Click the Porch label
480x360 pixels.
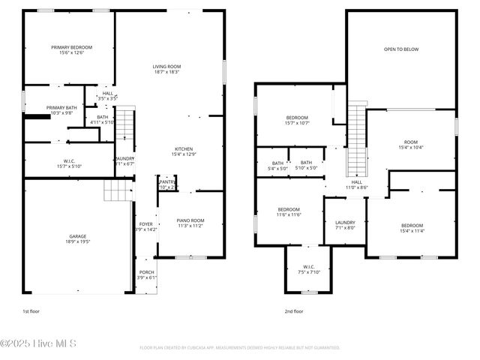pyautogui.click(x=146, y=274)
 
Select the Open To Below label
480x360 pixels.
pyautogui.click(x=400, y=49)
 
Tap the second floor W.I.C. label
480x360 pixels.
pyautogui.click(x=307, y=269)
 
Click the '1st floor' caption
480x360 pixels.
pyautogui.click(x=31, y=310)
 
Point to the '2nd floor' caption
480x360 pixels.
pyautogui.click(x=293, y=310)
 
